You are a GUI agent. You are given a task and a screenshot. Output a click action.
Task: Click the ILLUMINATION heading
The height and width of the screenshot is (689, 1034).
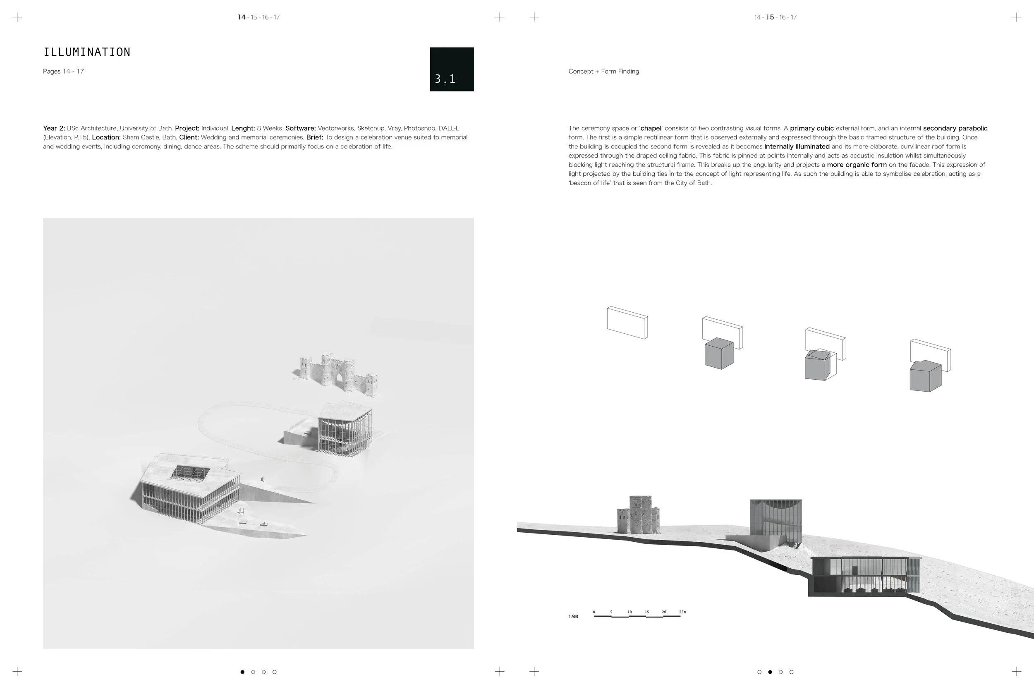[x=86, y=52]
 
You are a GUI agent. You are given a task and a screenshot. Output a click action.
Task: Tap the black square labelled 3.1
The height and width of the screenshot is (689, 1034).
[x=451, y=69]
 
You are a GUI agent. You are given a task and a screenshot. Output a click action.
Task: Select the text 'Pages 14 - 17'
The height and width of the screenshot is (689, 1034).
[x=63, y=71]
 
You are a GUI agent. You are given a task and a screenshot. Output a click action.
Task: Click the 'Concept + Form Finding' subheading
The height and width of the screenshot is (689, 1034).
[x=603, y=71]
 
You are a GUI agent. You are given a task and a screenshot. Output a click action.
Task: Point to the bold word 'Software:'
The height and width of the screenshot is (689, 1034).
[x=301, y=128]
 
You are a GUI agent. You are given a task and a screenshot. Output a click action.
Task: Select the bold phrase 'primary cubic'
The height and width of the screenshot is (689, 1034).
[x=811, y=128]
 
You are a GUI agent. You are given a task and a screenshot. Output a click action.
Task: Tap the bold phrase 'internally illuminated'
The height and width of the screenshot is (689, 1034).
[x=797, y=146]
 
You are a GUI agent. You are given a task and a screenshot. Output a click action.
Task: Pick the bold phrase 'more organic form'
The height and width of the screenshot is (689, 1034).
[x=857, y=165]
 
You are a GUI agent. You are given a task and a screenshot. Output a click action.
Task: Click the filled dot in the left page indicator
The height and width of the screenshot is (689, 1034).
[x=242, y=672]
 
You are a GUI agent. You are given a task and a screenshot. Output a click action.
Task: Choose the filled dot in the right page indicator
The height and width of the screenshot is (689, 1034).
[x=770, y=672]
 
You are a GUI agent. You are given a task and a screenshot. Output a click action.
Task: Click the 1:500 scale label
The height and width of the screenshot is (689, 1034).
[x=573, y=617]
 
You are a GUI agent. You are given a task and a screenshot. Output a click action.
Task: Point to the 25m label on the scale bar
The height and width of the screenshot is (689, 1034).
[x=682, y=612]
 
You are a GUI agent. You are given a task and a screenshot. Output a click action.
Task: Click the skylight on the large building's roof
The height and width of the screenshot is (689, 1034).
[x=190, y=473]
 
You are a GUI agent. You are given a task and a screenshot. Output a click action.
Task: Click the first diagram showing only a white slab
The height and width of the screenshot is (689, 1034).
[x=627, y=323]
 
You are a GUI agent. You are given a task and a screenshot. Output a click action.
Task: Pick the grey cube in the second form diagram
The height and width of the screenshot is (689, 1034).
[x=719, y=353]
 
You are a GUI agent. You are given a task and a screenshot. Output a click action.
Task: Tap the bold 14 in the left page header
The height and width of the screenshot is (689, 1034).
[x=241, y=17]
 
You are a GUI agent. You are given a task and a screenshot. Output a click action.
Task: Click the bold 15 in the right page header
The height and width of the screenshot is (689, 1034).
[x=769, y=17]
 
